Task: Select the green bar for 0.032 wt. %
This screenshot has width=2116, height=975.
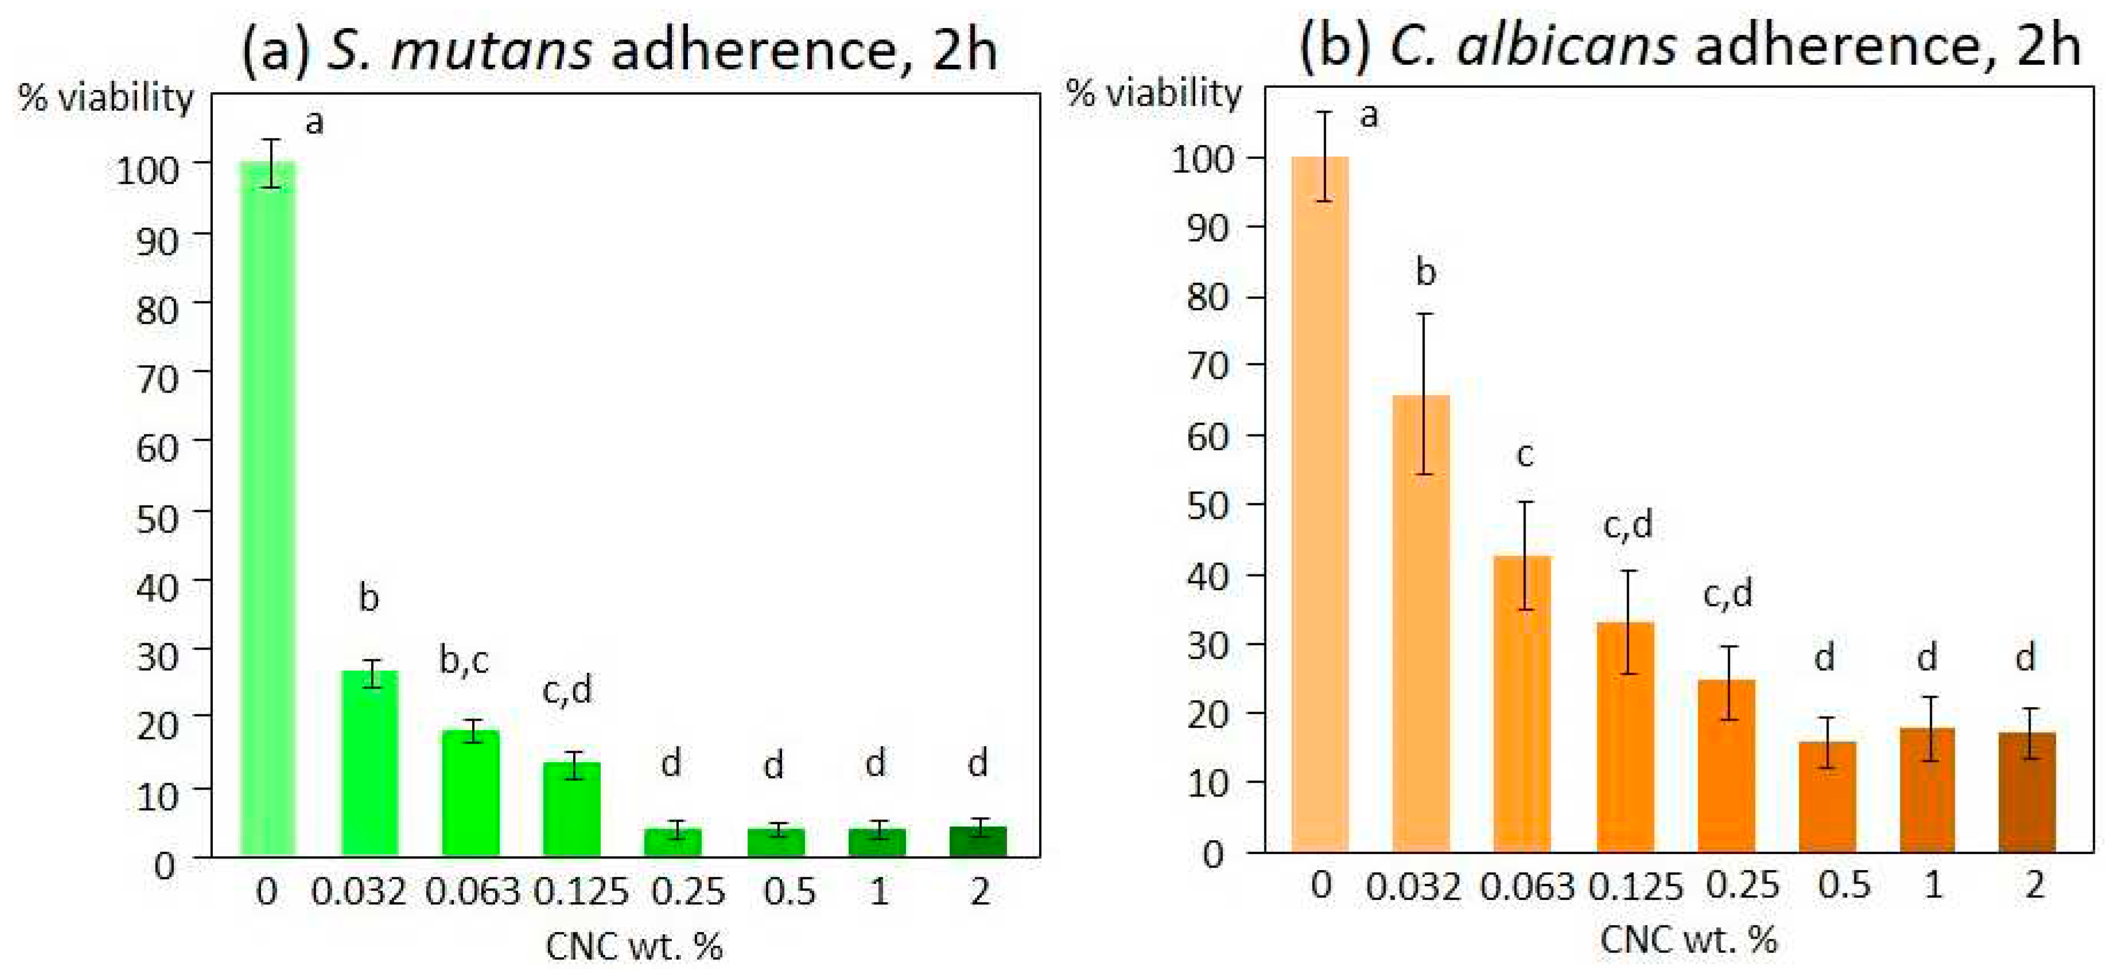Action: [x=369, y=764]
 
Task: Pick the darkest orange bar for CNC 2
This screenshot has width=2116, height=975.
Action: [x=2026, y=792]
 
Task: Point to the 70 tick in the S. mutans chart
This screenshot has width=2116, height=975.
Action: [x=156, y=379]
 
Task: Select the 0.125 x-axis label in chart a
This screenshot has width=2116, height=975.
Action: [x=581, y=892]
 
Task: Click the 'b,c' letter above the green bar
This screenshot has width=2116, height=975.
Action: [x=464, y=659]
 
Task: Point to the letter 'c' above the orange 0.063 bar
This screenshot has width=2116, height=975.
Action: [x=1524, y=455]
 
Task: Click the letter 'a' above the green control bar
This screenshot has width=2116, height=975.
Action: [x=314, y=123]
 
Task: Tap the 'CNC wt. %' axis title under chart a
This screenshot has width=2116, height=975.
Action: [x=634, y=947]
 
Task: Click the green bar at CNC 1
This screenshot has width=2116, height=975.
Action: [x=877, y=843]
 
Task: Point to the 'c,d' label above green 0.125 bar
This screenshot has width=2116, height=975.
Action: [x=567, y=690]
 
